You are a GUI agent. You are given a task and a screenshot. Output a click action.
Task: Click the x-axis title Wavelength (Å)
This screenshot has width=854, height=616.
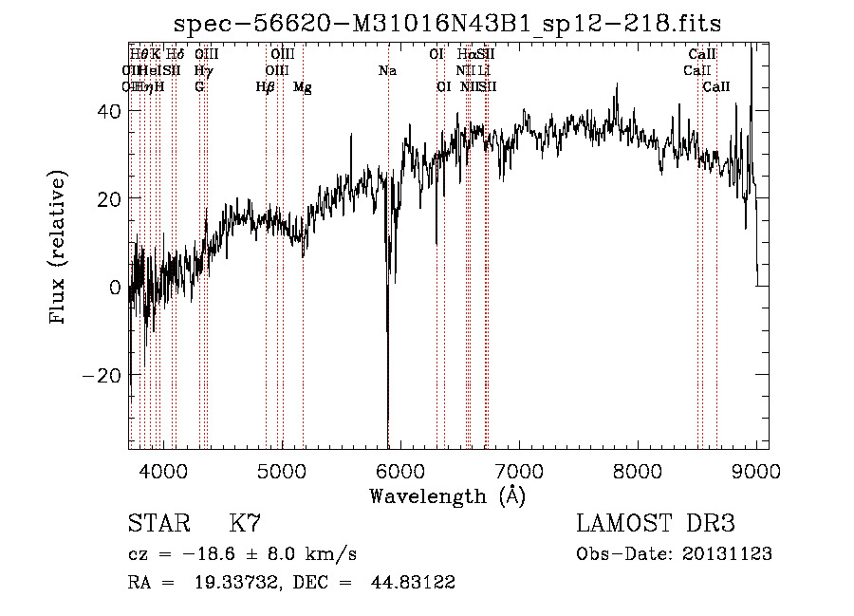pyautogui.click(x=448, y=495)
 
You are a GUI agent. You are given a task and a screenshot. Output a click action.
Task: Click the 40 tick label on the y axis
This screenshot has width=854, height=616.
pyautogui.click(x=107, y=111)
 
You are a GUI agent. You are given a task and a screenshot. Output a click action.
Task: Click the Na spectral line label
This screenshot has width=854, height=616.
pyautogui.click(x=387, y=71)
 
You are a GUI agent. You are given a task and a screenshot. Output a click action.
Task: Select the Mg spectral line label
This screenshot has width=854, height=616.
pyautogui.click(x=303, y=87)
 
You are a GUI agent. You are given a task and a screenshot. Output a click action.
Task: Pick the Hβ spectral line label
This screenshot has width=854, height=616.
pyautogui.click(x=265, y=87)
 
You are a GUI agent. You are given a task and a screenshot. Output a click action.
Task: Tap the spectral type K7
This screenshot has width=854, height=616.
pyautogui.click(x=246, y=524)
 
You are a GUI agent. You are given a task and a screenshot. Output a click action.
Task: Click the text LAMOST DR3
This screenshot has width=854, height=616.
pyautogui.click(x=656, y=524)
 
